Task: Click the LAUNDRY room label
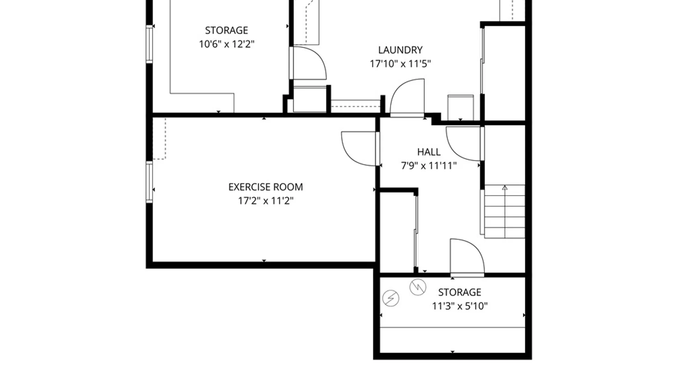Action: [400, 50]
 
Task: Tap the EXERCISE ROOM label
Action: [266, 187]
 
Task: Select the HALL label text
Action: [429, 152]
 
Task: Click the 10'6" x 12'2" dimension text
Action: [227, 44]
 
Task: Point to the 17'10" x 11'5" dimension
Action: [400, 64]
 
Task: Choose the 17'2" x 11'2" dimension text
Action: [266, 201]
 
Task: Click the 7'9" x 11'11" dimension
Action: [429, 165]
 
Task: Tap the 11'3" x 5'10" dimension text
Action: [460, 306]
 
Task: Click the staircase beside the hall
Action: [505, 211]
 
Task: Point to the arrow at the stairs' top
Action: [505, 188]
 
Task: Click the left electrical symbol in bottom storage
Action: [391, 298]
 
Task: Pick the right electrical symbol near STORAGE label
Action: [418, 287]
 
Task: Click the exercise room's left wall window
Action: [150, 182]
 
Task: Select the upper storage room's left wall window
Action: [150, 44]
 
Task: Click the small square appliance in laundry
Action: [461, 108]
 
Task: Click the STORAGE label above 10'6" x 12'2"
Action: [227, 30]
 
